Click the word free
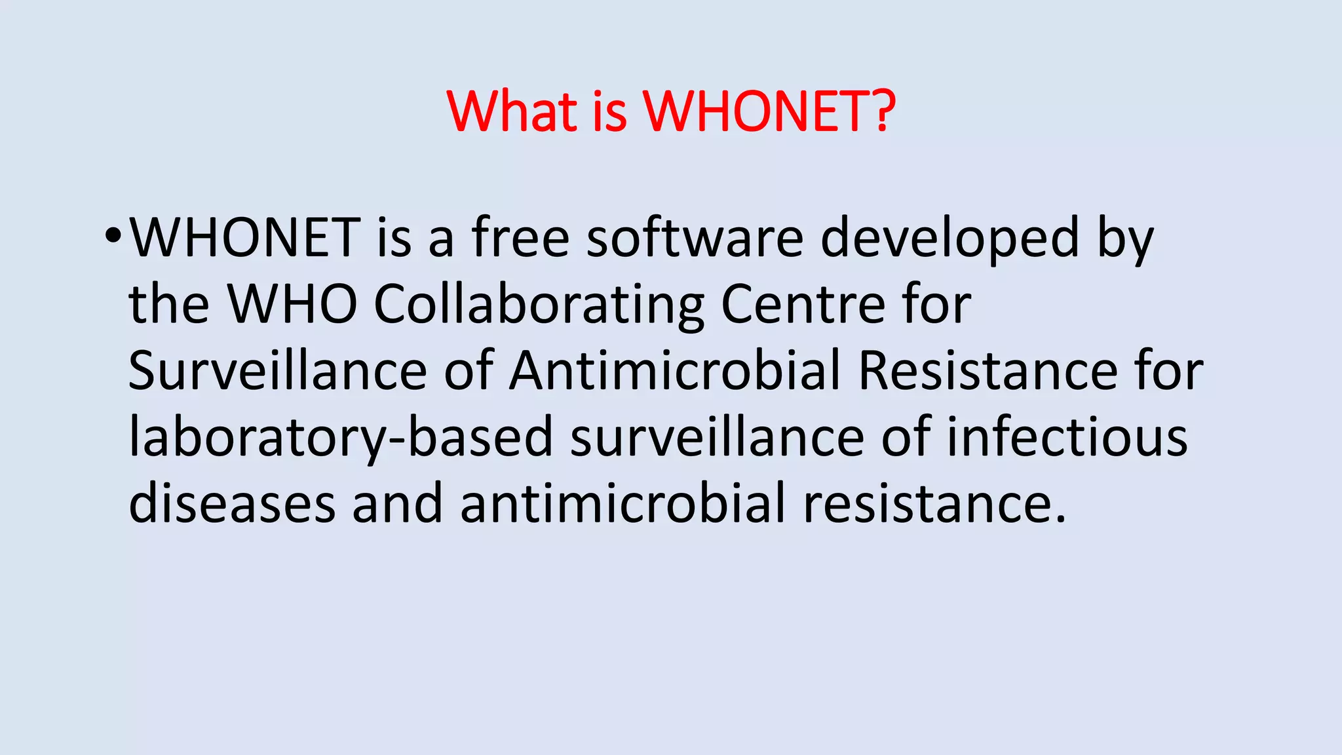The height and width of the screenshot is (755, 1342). [520, 237]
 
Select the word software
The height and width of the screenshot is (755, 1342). [695, 237]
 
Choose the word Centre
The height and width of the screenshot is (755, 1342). [803, 304]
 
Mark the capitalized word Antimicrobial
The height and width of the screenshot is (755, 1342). [675, 371]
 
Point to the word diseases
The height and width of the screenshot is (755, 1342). [232, 503]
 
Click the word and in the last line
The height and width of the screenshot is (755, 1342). [397, 503]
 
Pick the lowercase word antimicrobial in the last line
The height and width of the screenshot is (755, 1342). [623, 503]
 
